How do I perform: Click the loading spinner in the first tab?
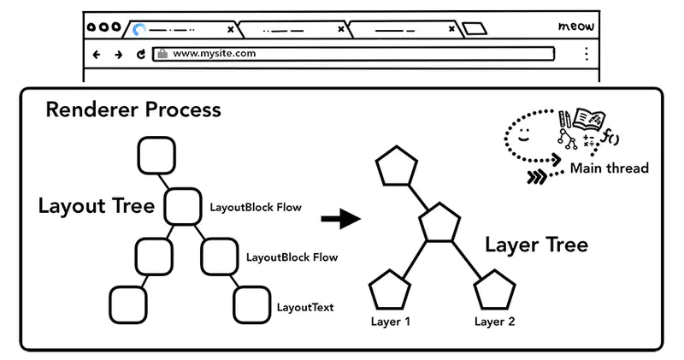coord(139,29)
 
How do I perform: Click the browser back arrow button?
coord(97,54)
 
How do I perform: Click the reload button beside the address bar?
coord(141,54)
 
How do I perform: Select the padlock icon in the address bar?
coord(162,54)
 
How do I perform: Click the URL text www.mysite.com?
coord(202,53)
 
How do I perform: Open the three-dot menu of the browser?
coord(586,54)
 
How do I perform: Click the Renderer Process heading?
coord(133,110)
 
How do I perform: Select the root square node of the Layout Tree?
coord(156,156)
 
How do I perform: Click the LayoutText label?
coord(305,306)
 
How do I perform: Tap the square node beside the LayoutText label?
coord(252,304)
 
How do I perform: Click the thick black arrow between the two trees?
coord(340,219)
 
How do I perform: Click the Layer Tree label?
coord(536,245)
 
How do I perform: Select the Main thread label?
coord(609,168)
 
